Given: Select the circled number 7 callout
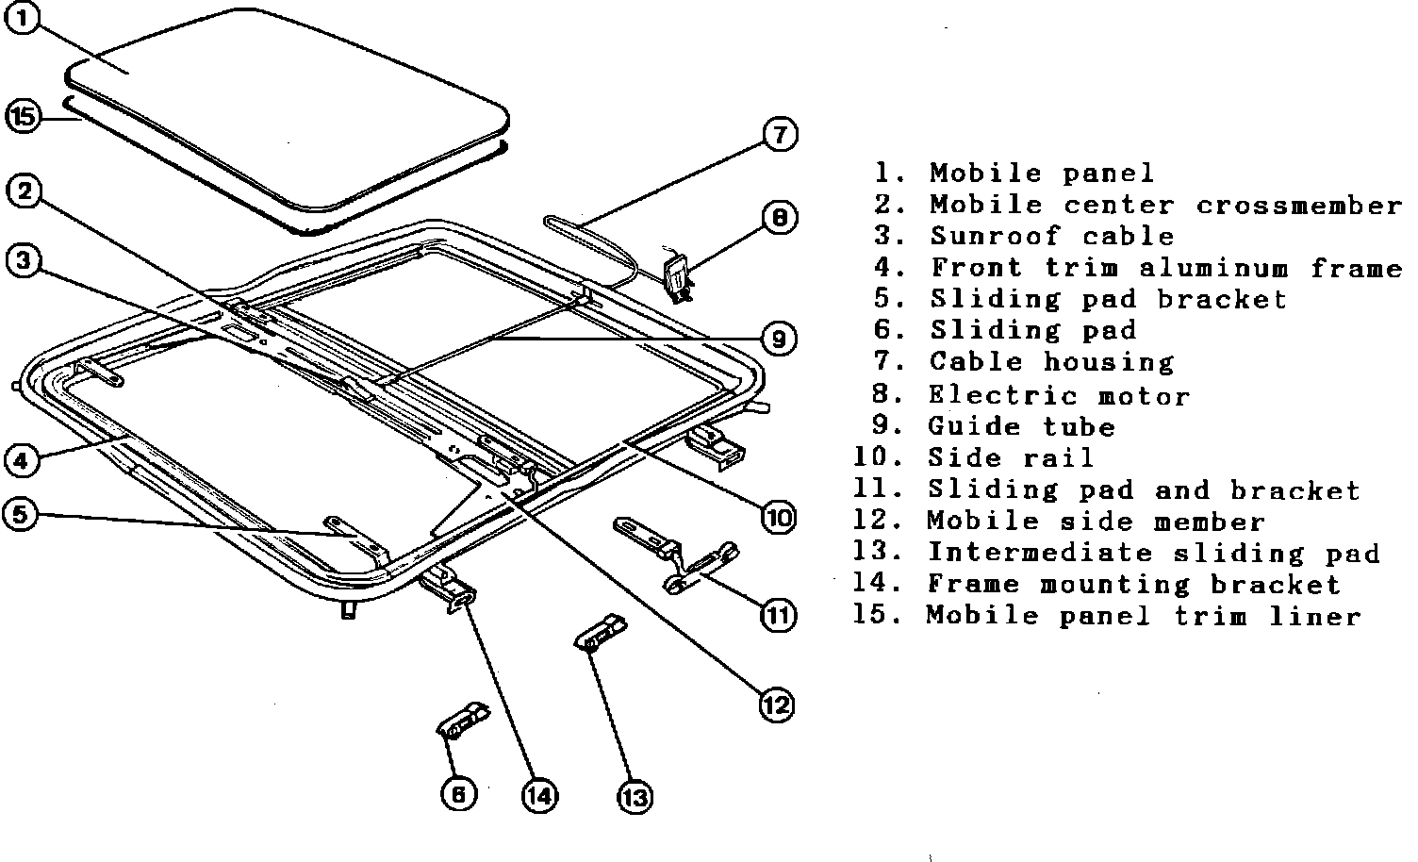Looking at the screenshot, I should coord(779,135).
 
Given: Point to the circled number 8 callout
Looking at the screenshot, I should coord(779,218).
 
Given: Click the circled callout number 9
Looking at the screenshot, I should coord(778,339).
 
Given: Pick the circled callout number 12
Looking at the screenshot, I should coord(777,704).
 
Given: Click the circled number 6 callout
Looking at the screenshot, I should coord(458,794).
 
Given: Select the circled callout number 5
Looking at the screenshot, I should coord(22,514).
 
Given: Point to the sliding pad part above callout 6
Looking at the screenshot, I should coord(462,721).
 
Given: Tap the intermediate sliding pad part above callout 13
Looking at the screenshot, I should coord(601,631).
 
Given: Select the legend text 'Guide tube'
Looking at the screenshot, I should coord(1021,426).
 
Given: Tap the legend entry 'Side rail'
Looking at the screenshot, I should coord(1011,458).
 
